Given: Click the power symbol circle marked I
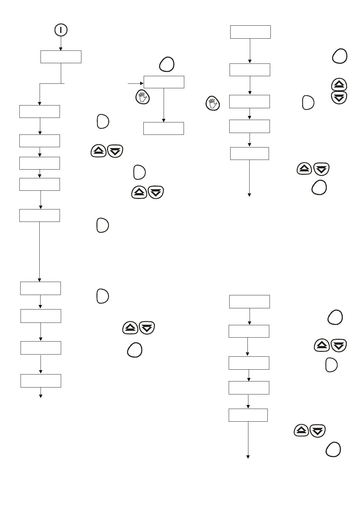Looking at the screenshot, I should (61, 30).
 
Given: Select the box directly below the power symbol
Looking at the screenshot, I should (61, 57).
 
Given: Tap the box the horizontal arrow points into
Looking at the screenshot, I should (164, 82).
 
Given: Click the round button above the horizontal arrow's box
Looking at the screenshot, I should (167, 64).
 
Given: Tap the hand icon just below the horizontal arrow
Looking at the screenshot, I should (142, 97).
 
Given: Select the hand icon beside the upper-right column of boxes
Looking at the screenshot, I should (213, 103).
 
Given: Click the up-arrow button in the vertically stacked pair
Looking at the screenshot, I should (339, 85).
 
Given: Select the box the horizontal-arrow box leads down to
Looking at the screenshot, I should (163, 128).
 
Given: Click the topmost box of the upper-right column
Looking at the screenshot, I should (250, 32).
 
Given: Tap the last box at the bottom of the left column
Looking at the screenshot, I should (41, 381).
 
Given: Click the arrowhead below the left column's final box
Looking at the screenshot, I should (41, 396).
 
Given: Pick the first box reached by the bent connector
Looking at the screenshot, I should (40, 112).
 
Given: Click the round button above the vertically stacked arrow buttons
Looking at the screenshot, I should (340, 56).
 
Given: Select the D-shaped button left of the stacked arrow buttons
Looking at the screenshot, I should (308, 102).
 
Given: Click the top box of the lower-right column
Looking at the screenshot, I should (250, 302).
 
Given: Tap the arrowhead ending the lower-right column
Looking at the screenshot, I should (248, 457).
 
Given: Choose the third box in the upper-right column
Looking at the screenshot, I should (250, 102).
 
